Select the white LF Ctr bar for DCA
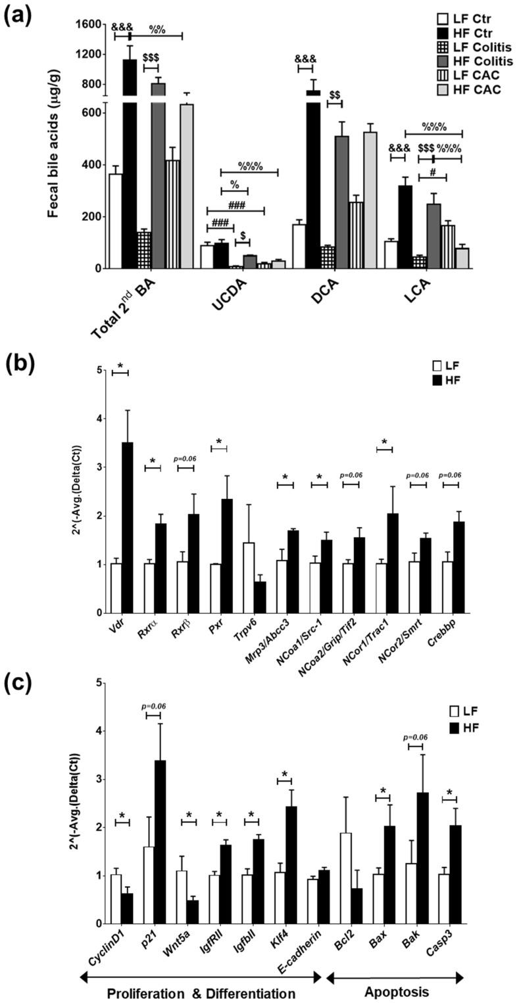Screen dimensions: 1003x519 tap(299, 246)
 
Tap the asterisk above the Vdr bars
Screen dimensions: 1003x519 tap(120, 365)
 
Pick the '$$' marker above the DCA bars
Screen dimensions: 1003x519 tap(334, 95)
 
